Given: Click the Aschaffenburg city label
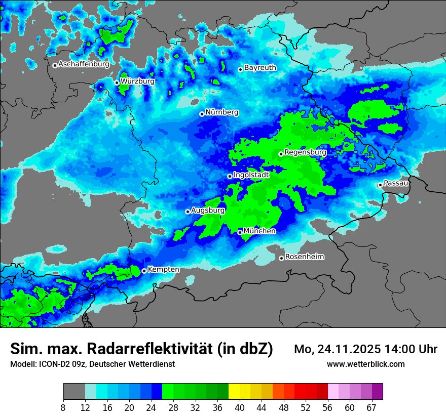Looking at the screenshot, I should click(x=84, y=64).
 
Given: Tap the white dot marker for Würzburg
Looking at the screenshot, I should click(x=117, y=82).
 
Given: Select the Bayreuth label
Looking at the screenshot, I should click(x=260, y=67).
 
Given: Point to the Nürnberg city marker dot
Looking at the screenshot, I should click(x=202, y=114).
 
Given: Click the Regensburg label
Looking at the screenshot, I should click(x=305, y=152).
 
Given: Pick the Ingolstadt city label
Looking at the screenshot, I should click(x=251, y=175).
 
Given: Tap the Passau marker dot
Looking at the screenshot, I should click(x=380, y=185).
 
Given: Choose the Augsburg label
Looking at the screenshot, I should click(x=208, y=210).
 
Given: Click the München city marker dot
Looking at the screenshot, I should click(x=240, y=232).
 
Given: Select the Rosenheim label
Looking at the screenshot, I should click(x=304, y=257).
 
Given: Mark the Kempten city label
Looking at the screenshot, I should click(x=163, y=269).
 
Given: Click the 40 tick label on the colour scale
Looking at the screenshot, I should click(x=240, y=407).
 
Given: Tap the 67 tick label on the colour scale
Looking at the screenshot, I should click(x=371, y=407).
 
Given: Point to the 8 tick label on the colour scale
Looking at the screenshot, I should click(x=63, y=407).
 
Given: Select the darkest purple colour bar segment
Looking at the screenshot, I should click(x=377, y=392).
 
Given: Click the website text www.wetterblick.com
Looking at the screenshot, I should click(x=365, y=364).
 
